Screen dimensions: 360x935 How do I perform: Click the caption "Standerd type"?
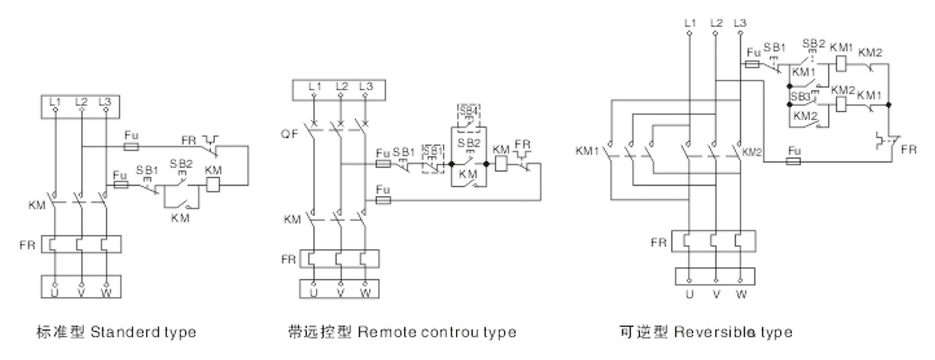(143, 331)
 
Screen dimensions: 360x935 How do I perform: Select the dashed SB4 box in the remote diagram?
(468, 118)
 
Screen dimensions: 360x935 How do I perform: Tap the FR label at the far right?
(908, 150)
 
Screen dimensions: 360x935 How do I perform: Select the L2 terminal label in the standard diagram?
(81, 101)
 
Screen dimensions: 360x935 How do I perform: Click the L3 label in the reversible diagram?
(740, 24)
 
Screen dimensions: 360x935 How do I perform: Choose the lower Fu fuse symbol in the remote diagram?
(383, 201)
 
